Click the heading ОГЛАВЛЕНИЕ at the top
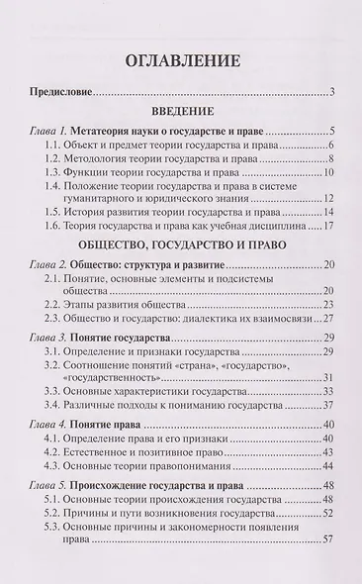point(181,64)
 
